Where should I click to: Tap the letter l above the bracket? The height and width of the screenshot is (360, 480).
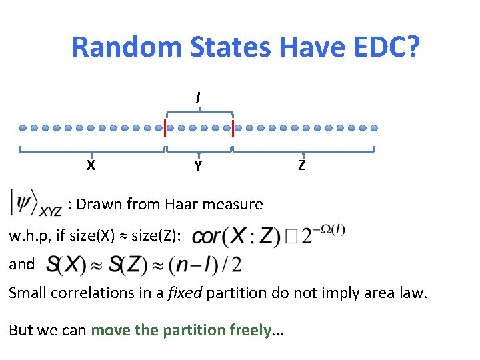(x=198, y=97)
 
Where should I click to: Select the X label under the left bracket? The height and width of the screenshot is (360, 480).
(x=91, y=165)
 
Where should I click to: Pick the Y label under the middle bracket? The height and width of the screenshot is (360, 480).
(x=198, y=166)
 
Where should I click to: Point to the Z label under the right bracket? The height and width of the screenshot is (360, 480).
(x=302, y=165)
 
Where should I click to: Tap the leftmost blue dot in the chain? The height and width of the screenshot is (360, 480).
(x=23, y=127)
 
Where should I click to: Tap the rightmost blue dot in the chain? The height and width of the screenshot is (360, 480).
(x=373, y=127)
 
